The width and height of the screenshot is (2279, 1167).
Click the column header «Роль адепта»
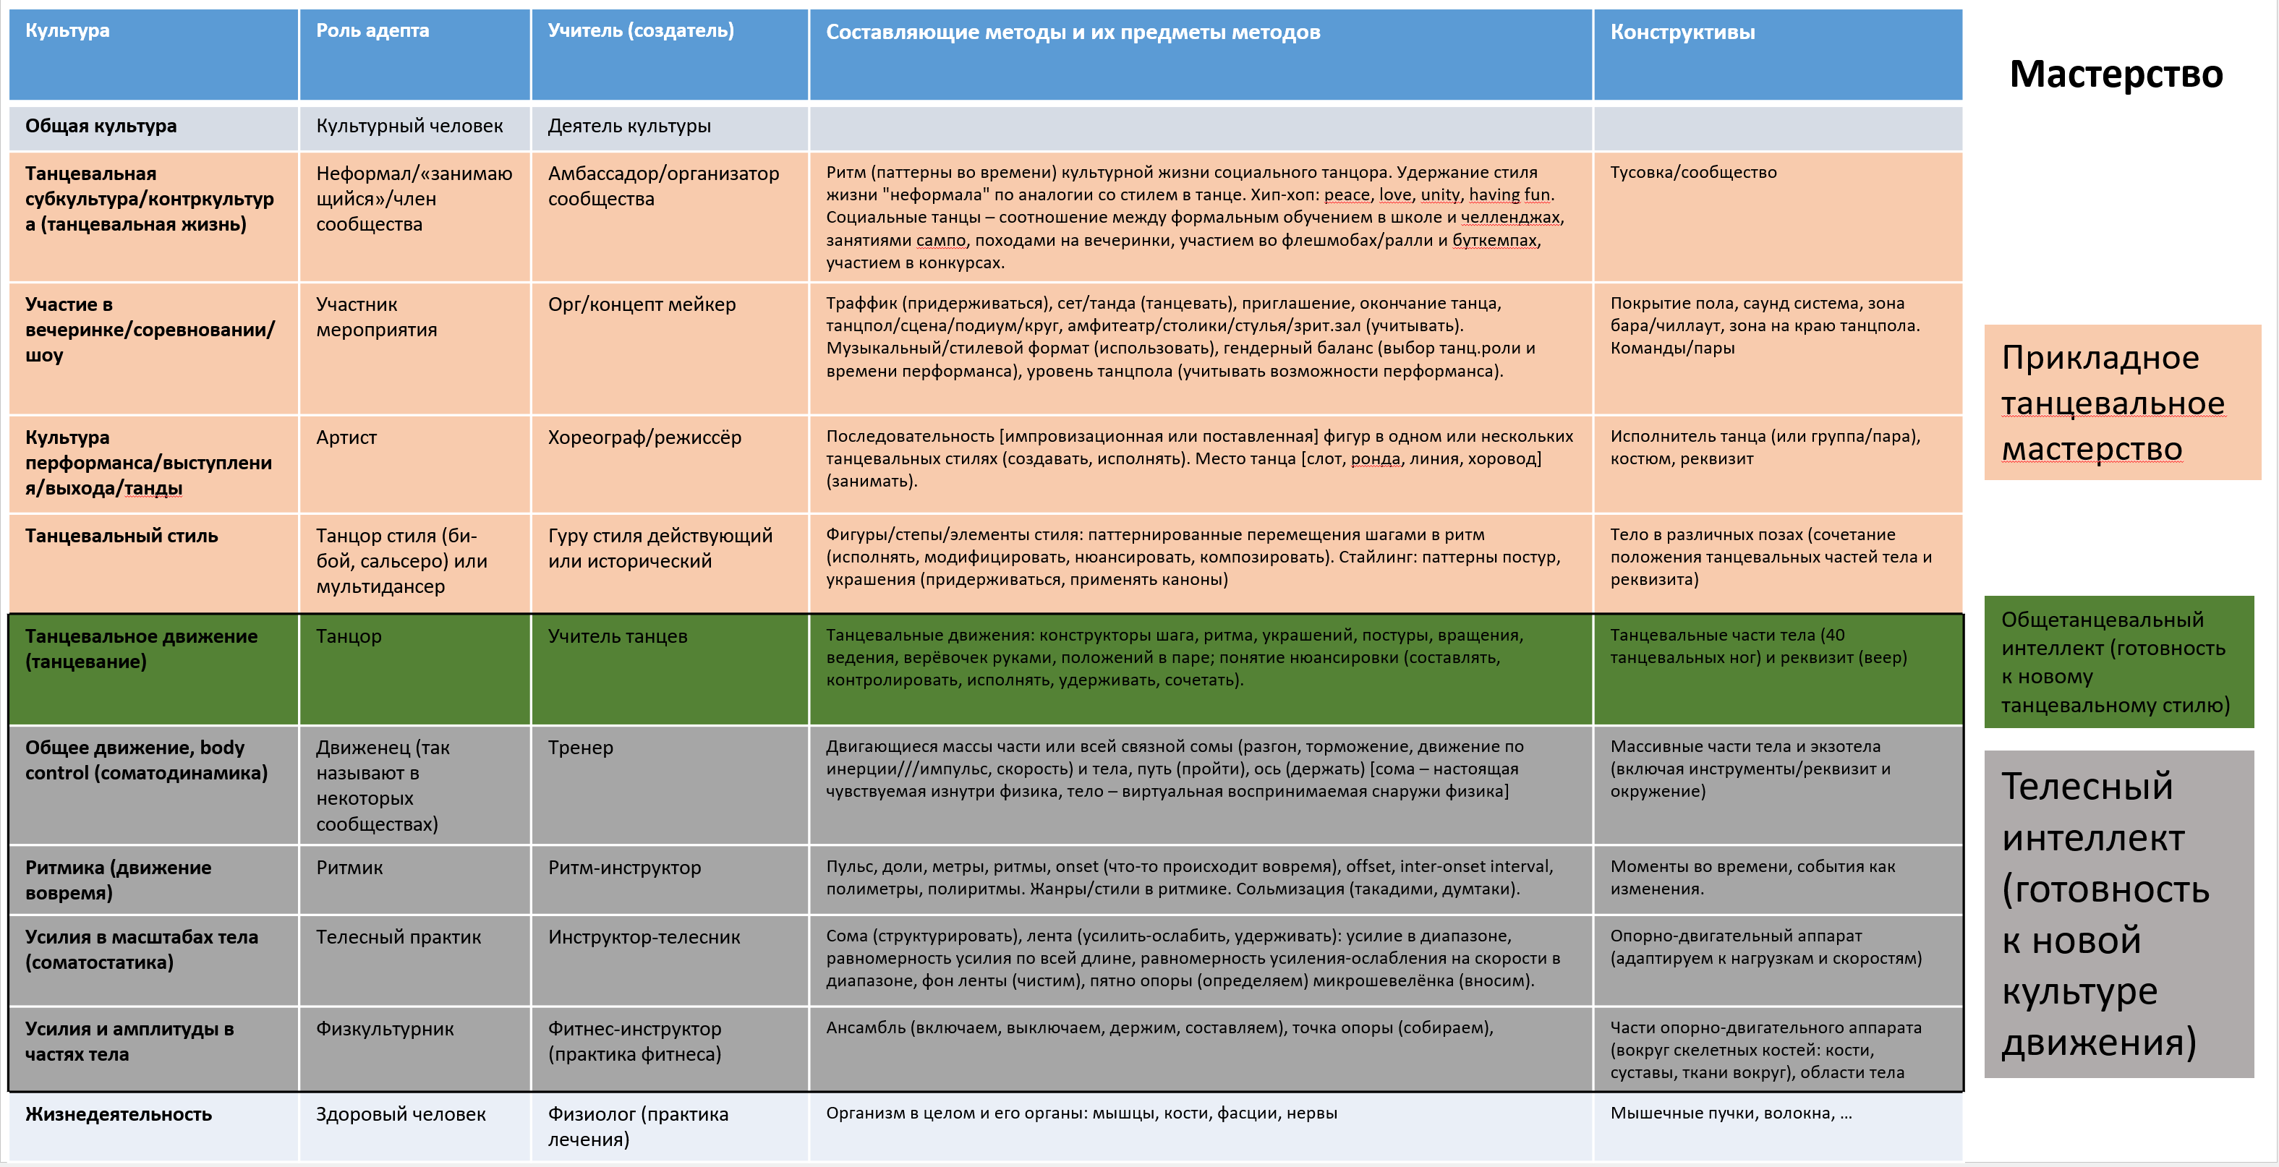[372, 31]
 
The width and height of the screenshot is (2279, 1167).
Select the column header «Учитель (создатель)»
[641, 31]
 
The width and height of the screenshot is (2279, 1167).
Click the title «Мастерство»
[2116, 74]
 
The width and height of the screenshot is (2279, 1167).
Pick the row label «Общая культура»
[101, 127]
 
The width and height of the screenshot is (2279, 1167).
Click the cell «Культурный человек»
[409, 127]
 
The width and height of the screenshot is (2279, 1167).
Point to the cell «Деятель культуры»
[629, 127]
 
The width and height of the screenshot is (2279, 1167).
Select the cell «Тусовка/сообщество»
[1692, 173]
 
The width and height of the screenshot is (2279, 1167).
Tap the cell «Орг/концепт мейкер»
[642, 304]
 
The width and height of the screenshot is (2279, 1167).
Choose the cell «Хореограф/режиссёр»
[644, 437]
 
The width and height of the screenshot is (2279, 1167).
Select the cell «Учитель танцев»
[618, 636]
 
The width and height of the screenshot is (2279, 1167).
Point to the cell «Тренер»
[579, 748]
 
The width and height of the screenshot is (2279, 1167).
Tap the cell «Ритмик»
[349, 868]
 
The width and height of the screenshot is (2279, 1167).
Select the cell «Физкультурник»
[385, 1029]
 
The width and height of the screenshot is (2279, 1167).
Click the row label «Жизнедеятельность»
[119, 1114]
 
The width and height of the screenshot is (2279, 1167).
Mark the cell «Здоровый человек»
[401, 1114]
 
